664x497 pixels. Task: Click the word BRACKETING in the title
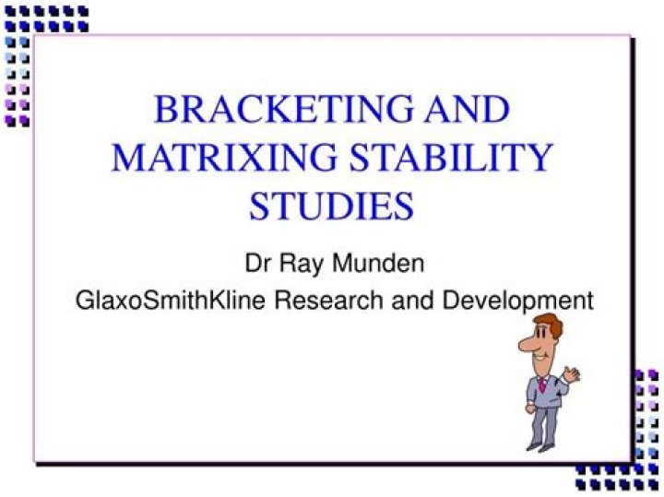click(278, 109)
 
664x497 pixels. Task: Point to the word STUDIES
click(331, 206)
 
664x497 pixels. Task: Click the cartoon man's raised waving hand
click(572, 373)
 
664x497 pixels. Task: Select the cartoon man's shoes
click(539, 446)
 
